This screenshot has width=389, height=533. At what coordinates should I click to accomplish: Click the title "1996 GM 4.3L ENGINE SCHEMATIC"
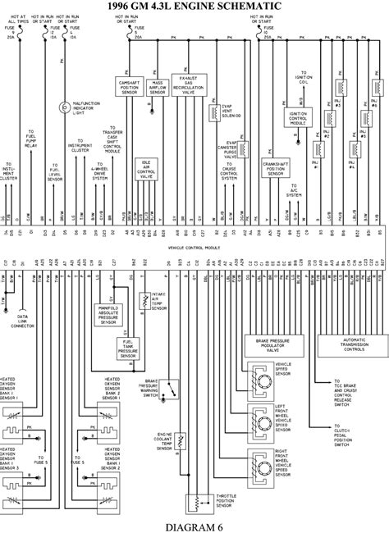click(194, 7)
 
